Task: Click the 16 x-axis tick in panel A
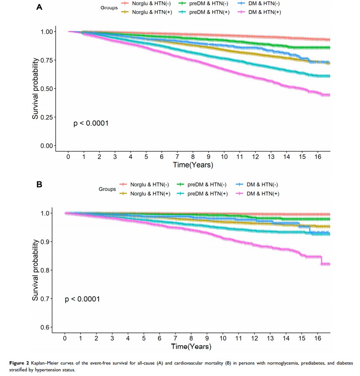(x=318, y=156)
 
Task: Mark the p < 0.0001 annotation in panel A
(x=91, y=124)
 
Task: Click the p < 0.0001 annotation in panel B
(x=82, y=299)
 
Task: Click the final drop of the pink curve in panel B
(x=322, y=260)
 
